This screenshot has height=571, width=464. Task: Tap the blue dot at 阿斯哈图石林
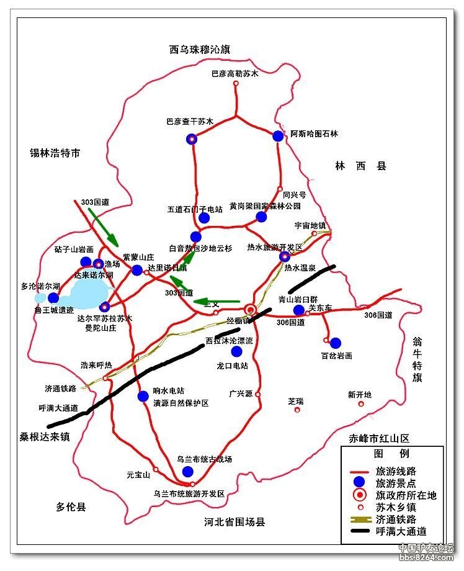point(278,136)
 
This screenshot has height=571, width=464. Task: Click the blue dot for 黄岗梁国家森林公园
point(261,217)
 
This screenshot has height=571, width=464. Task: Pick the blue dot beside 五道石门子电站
point(203,217)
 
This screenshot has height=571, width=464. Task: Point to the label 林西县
point(360,166)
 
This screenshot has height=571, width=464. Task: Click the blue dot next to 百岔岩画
point(336,343)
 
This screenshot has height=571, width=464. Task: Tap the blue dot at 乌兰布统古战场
point(188,472)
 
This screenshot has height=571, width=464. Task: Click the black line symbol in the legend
point(357,531)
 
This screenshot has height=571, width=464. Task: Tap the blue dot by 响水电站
point(143,396)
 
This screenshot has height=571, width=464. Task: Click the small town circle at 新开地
point(360,405)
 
